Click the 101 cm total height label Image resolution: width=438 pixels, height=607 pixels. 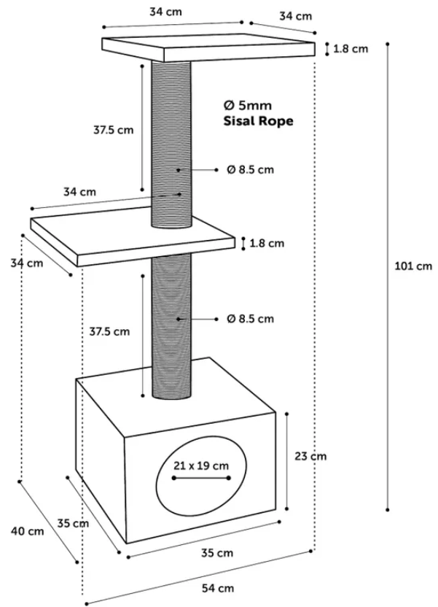[413, 266]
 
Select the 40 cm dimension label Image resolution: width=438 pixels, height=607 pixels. [28, 531]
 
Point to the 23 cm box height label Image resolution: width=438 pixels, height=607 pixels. [310, 457]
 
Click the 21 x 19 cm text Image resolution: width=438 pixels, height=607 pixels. [201, 465]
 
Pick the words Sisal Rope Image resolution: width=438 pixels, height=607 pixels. [258, 121]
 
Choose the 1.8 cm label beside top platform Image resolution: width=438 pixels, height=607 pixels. [351, 49]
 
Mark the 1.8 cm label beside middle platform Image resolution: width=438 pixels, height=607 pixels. [267, 243]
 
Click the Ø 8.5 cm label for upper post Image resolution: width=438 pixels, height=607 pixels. [250, 169]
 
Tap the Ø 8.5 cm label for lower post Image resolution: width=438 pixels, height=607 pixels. [250, 319]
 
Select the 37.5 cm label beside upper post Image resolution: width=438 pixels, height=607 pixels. [113, 130]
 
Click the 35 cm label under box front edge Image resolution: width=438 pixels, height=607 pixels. [217, 553]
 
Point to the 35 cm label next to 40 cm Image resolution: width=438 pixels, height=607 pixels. [73, 523]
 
